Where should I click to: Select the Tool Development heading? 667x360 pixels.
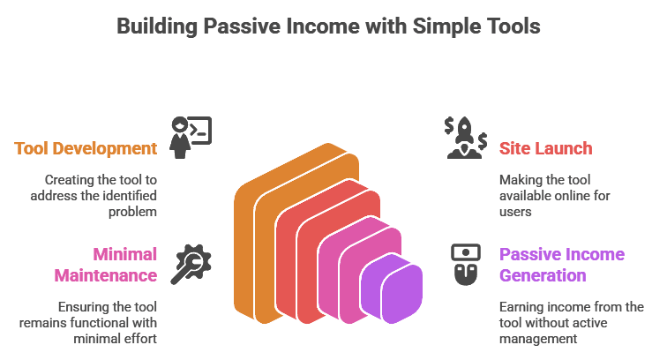86,148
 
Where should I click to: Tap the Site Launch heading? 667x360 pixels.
546,148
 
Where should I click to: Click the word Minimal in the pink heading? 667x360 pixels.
125,254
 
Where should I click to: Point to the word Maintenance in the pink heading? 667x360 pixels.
106,276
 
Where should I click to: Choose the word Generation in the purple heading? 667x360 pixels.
543,276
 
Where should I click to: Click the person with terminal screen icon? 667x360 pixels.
191,138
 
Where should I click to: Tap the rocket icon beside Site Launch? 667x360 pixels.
466,138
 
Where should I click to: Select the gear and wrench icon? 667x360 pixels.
191,264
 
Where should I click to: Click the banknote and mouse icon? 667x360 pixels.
466,264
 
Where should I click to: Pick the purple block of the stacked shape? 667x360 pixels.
392,288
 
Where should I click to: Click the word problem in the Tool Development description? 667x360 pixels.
132,212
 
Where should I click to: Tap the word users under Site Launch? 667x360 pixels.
515,212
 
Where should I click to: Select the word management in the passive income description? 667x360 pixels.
538,339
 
